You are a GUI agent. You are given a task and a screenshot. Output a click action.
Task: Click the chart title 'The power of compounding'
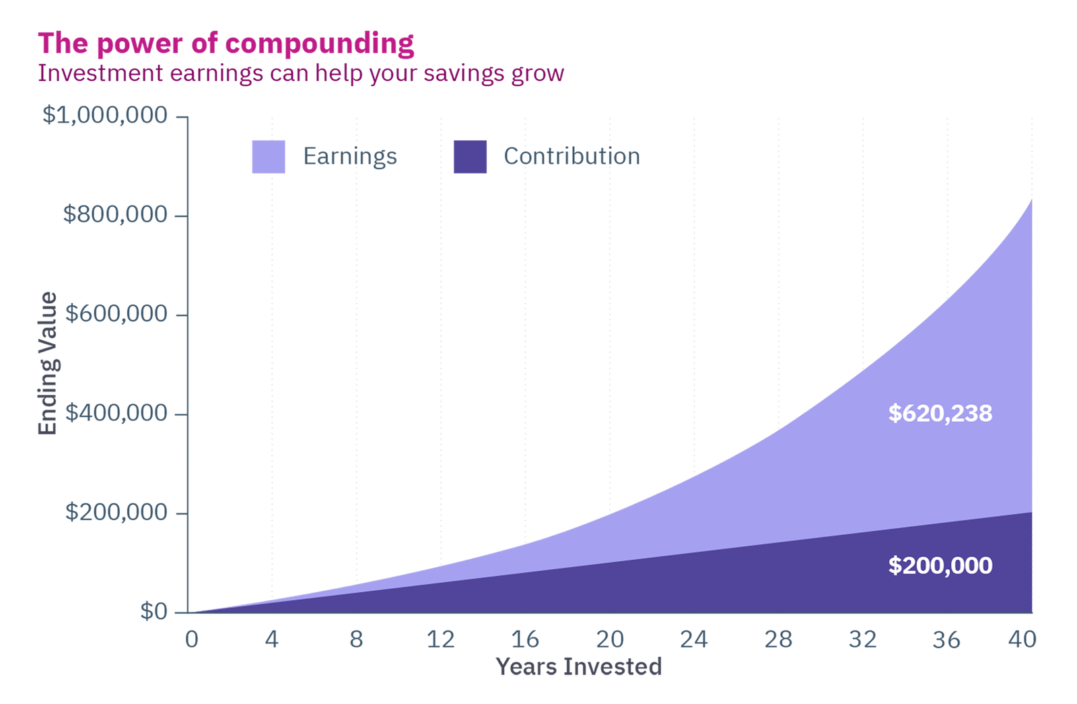(226, 44)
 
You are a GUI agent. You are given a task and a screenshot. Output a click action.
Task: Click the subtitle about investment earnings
(300, 73)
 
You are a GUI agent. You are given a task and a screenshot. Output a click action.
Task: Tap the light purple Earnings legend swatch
(268, 157)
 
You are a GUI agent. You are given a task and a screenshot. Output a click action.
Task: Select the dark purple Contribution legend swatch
(470, 157)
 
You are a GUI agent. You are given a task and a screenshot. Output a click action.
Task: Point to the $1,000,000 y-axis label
(105, 115)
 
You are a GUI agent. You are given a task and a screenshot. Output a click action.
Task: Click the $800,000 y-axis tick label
(115, 214)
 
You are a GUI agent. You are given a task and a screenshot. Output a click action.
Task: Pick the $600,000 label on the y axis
(115, 313)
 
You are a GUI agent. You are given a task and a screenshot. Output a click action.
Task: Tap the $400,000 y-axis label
(115, 412)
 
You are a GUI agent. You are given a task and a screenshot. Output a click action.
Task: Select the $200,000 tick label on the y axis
(115, 512)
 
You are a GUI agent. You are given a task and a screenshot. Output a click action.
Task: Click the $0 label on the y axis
(153, 611)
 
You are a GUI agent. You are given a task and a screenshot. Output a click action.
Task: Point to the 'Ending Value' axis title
(48, 364)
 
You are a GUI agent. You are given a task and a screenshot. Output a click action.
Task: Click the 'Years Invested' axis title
(579, 666)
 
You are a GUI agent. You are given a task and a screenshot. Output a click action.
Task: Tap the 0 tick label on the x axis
(192, 639)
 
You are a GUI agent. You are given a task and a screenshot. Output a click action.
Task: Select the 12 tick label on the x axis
(441, 639)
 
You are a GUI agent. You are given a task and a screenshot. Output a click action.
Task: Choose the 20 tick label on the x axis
(610, 639)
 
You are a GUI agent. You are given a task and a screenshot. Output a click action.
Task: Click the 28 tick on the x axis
(778, 639)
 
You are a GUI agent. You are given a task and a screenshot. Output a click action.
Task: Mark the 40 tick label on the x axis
(1022, 639)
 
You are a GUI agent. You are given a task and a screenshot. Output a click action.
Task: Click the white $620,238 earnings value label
(940, 413)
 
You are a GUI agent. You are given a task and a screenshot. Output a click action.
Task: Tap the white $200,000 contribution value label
(940, 565)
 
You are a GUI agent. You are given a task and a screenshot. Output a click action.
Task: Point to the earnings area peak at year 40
(1031, 201)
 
